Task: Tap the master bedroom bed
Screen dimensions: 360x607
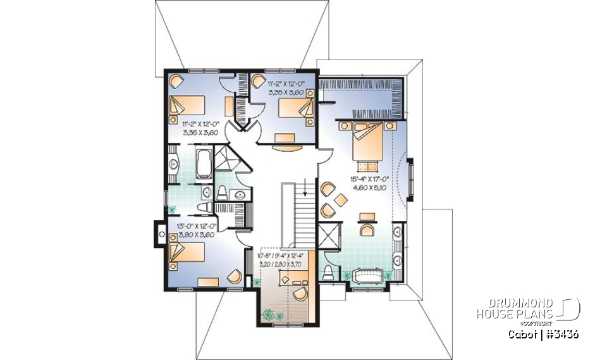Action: click(365, 140)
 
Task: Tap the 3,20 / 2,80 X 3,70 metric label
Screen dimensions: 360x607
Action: click(281, 263)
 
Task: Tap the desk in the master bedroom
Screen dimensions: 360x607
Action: click(367, 218)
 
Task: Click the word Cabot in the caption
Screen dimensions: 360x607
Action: click(523, 334)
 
